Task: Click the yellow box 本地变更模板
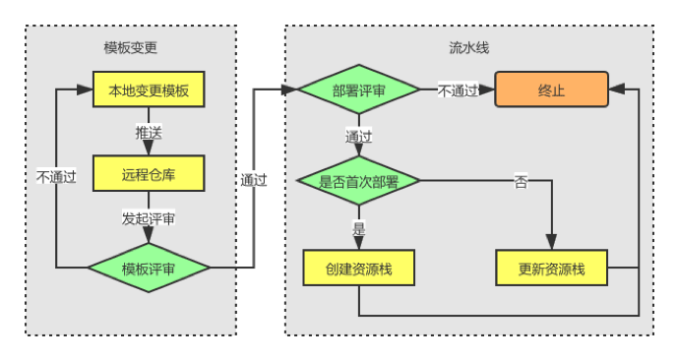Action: click(x=149, y=90)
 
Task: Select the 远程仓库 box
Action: click(x=149, y=173)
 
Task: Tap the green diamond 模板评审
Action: click(x=149, y=268)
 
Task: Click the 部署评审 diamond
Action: click(x=359, y=90)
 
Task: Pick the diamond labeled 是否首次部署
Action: click(x=359, y=181)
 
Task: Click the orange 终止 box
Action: click(x=552, y=90)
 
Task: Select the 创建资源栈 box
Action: click(x=359, y=268)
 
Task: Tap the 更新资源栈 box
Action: click(x=552, y=268)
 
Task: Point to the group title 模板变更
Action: click(x=131, y=47)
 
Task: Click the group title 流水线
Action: click(x=469, y=47)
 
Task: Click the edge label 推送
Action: click(x=149, y=133)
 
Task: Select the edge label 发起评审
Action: click(x=149, y=218)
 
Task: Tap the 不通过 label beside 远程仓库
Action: click(x=56, y=177)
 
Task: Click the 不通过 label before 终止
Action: click(x=458, y=90)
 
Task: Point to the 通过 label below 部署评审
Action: click(x=359, y=137)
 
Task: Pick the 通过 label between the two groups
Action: click(x=254, y=180)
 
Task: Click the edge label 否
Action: click(x=521, y=182)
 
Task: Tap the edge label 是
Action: click(x=359, y=228)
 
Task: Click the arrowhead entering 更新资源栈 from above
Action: click(x=552, y=242)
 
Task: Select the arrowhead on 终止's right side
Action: click(x=617, y=90)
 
